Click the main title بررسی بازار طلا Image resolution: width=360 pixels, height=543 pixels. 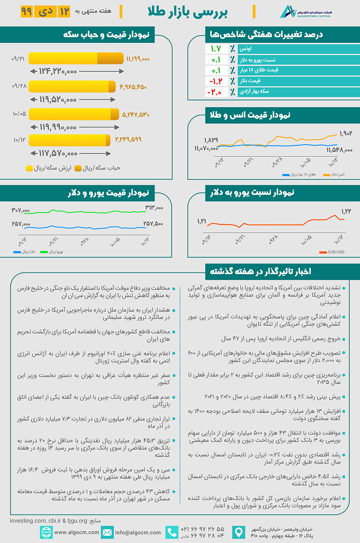coord(188,12)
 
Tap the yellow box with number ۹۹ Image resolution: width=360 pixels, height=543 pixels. coord(26,12)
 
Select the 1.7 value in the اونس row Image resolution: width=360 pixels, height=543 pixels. coord(216,49)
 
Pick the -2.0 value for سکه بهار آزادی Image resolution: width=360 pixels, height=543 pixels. coord(214,92)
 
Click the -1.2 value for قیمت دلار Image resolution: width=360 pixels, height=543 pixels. coord(216,81)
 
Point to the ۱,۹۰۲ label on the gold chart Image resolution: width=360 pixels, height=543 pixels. coord(346,133)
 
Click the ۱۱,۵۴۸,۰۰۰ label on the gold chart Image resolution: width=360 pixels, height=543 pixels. coord(339,150)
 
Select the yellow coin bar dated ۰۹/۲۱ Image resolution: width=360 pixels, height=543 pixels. coord(76,58)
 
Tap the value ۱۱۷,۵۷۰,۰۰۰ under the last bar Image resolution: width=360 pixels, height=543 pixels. coord(58,154)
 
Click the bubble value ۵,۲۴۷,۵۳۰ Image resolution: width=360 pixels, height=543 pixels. coord(136,115)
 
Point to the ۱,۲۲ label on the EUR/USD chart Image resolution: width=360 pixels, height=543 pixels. coord(346,211)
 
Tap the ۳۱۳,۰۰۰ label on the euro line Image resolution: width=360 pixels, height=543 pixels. coord(154,208)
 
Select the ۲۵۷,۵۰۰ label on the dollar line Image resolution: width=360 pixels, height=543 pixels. coord(153,224)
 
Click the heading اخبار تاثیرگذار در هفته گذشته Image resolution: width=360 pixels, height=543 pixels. coord(260,271)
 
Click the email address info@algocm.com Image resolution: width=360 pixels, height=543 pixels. coord(138,533)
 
